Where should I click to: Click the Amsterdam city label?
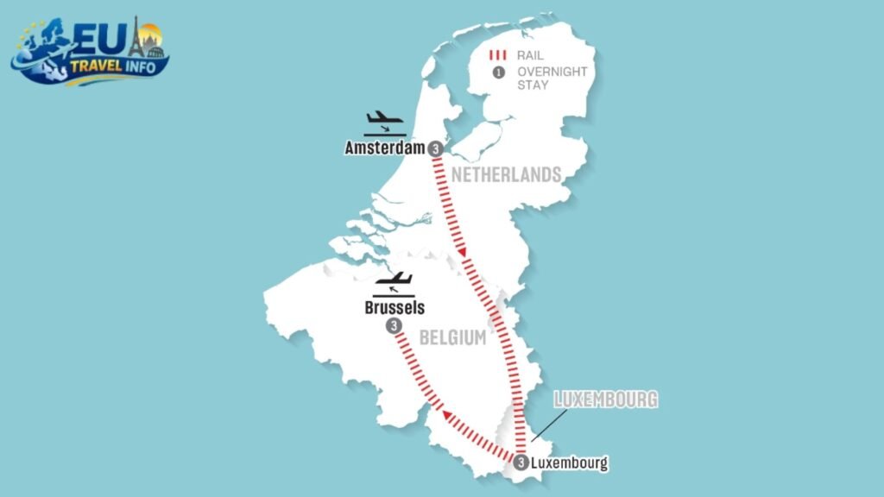385,148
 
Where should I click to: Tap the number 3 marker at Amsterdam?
436,148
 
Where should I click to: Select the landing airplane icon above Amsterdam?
384,122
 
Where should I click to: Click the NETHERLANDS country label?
505,175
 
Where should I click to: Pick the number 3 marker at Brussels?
394,326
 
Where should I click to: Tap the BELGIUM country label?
452,338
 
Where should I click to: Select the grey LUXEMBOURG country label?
605,399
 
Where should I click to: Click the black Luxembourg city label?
570,463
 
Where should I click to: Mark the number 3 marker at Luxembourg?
521,462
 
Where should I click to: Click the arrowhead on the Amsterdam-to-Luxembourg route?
464,252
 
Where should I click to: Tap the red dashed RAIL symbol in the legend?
498,53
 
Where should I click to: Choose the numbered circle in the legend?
498,72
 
